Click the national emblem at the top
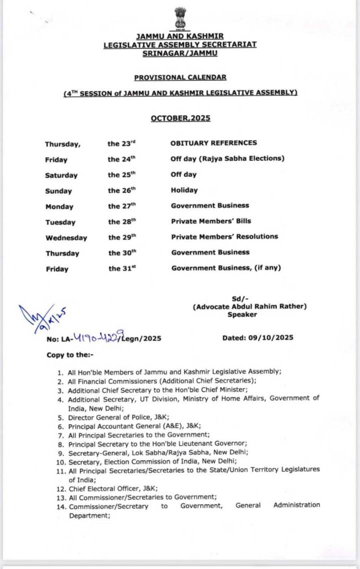pos(179,19)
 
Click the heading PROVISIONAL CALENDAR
pos(180,77)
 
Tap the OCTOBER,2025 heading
pos(180,118)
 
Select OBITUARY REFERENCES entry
pos(213,143)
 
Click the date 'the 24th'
pos(121,159)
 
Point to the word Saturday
pos(61,175)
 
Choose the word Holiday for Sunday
pos(184,190)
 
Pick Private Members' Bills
pos(211,221)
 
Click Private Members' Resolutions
pos(224,236)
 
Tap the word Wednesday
pos(66,238)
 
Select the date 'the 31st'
pos(122,268)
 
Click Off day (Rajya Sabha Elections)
pos(227,158)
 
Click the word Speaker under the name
pos(242,314)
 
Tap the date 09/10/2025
pos(270,338)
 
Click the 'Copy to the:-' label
pos(69,355)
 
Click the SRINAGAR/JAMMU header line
pos(180,53)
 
